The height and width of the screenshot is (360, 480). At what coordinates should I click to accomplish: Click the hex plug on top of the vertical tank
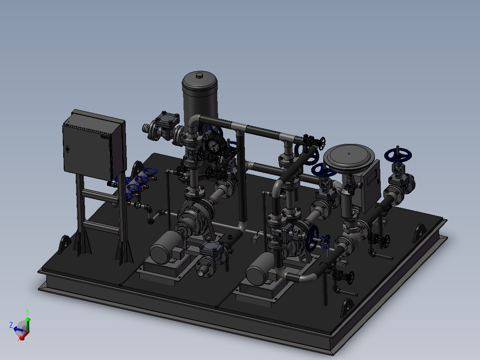(199, 75)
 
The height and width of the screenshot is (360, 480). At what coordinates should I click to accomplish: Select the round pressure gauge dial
(213, 146)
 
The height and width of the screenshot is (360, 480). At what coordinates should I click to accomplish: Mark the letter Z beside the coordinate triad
(11, 325)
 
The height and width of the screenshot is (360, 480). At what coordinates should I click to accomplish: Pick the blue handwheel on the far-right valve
(398, 155)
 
